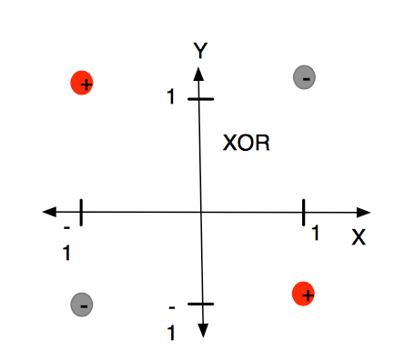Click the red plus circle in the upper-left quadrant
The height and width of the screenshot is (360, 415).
[x=84, y=84]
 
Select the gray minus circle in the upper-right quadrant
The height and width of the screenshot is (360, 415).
[x=305, y=79]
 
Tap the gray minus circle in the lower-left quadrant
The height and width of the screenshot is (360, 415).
[x=82, y=305]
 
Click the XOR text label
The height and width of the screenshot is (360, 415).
[x=248, y=144]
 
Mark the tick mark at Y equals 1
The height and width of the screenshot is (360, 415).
[x=199, y=97]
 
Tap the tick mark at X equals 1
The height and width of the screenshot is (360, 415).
[x=303, y=212]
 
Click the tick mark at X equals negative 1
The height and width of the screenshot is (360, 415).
[x=81, y=212]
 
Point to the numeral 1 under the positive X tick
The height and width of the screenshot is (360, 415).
[x=315, y=235]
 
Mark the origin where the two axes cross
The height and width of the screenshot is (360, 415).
[x=200, y=212]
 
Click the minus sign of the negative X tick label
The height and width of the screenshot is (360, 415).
[x=66, y=229]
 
